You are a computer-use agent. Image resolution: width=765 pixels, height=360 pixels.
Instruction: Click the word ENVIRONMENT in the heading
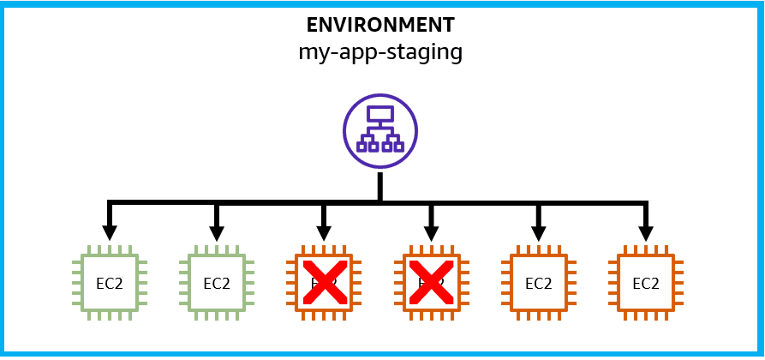[x=380, y=25]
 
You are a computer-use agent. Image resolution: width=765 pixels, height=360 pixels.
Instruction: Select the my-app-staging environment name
[x=380, y=52]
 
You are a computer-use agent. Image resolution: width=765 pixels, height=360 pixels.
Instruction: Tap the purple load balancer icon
[x=380, y=132]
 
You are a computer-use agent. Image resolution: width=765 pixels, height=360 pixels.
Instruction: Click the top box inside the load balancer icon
[x=380, y=115]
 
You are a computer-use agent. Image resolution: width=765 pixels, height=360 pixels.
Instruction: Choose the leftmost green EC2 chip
[x=109, y=282]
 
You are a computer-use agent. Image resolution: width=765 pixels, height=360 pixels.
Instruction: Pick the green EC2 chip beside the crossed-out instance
[x=217, y=282]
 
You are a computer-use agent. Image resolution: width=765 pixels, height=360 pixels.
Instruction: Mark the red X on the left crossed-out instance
[x=324, y=282]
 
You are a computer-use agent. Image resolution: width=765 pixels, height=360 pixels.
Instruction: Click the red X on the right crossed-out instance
[x=431, y=282]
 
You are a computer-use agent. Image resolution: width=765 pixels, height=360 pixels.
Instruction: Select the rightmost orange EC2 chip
[x=646, y=282]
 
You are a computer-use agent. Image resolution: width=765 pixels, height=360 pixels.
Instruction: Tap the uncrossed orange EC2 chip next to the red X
[x=538, y=282]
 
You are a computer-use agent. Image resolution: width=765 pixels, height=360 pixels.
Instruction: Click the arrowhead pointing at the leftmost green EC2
[x=109, y=232]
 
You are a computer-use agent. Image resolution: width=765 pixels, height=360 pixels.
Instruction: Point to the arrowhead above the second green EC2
[x=217, y=232]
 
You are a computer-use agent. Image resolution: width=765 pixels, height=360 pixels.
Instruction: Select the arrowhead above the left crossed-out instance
[x=324, y=232]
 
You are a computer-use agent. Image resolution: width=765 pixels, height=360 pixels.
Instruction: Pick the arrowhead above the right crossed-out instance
[x=431, y=232]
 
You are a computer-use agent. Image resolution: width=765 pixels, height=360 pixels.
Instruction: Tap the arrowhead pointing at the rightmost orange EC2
[x=646, y=232]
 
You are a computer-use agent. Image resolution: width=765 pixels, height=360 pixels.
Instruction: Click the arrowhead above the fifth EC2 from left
[x=538, y=232]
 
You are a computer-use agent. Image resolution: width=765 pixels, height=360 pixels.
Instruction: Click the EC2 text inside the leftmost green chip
[x=109, y=283]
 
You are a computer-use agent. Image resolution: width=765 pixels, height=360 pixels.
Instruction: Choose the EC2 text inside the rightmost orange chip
[x=646, y=283]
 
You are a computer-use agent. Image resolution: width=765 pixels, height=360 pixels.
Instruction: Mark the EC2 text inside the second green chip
[x=217, y=283]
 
